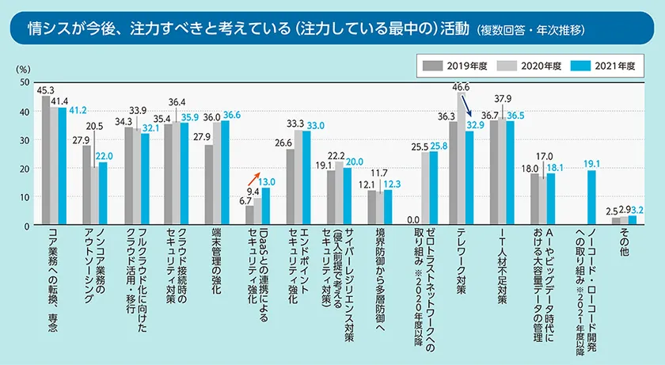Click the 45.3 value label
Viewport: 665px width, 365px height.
click(44, 90)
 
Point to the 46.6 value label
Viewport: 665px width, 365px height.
click(460, 86)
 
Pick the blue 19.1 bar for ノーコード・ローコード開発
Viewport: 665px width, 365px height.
click(591, 198)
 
